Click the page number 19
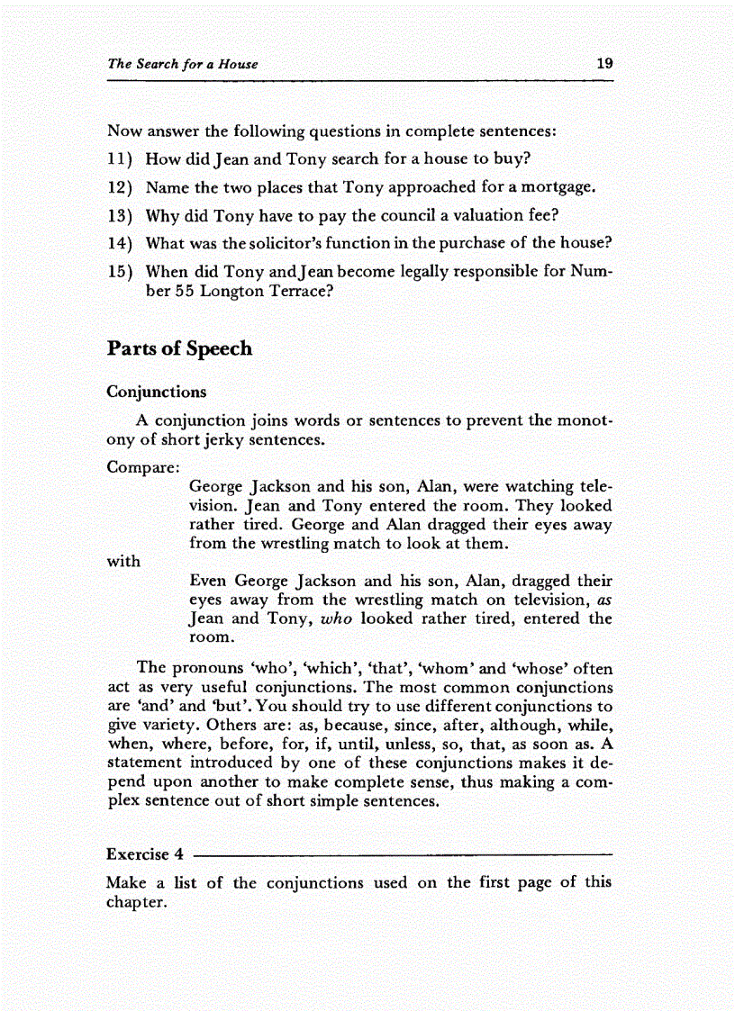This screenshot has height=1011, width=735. [x=603, y=64]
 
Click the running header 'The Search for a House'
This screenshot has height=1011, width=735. [x=182, y=64]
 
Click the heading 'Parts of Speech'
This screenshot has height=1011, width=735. [x=179, y=349]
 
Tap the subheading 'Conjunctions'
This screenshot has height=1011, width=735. [x=156, y=392]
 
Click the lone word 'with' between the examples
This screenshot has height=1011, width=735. [x=123, y=561]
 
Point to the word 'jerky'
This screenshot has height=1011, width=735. [x=214, y=441]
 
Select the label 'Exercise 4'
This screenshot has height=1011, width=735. [x=145, y=854]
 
